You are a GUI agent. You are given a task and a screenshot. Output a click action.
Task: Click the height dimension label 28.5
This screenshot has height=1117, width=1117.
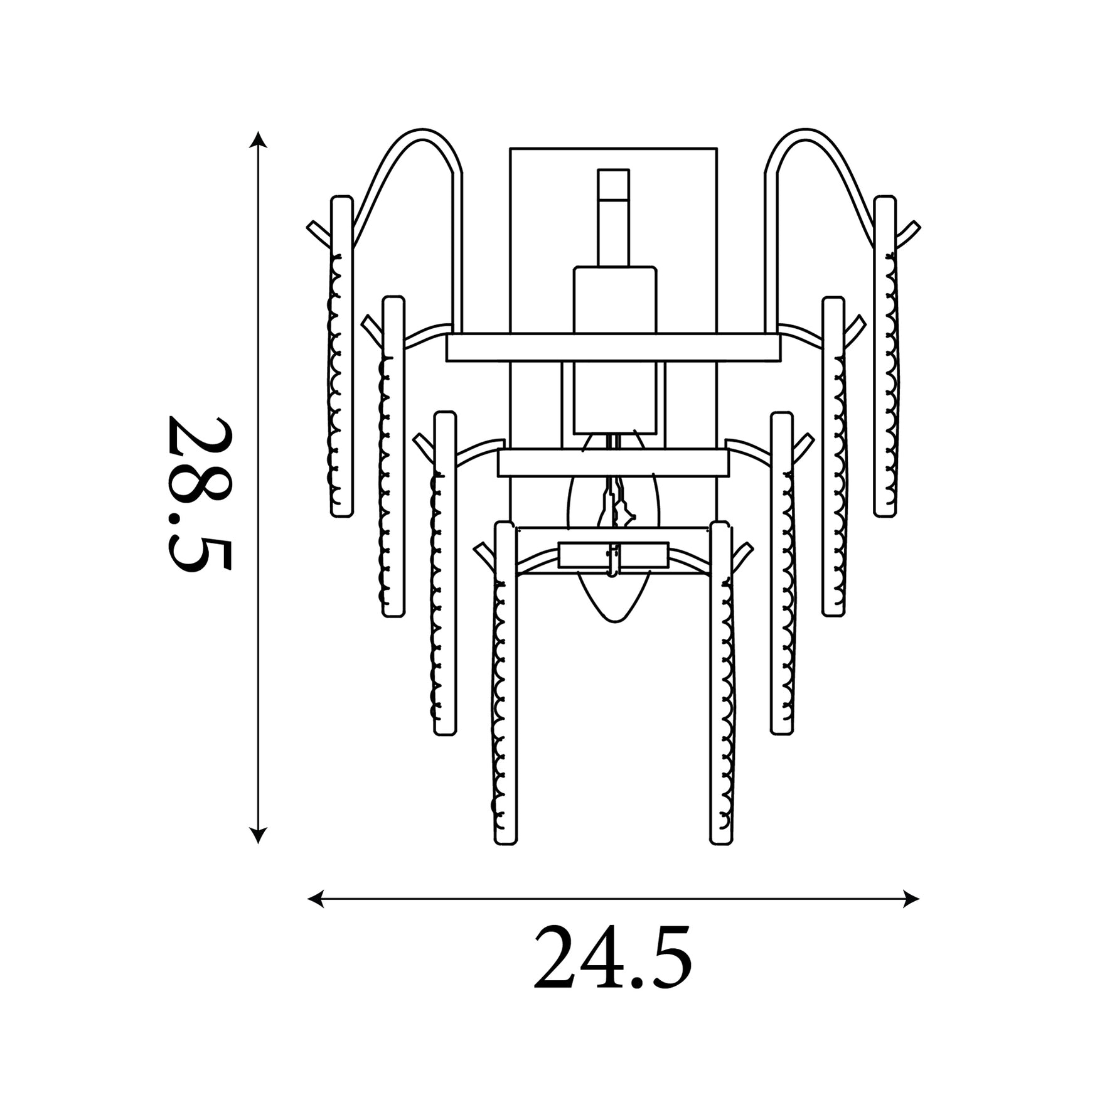tap(200, 494)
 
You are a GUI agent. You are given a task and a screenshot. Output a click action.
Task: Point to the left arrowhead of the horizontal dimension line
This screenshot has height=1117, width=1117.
tap(316, 899)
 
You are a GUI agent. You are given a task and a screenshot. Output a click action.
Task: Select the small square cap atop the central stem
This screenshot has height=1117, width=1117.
tap(613, 184)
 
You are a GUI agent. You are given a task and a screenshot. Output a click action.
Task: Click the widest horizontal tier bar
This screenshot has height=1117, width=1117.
tap(613, 348)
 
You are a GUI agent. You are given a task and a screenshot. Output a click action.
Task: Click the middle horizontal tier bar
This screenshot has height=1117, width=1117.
tap(613, 462)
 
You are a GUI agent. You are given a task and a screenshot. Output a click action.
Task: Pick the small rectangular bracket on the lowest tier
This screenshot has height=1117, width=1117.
tap(613, 555)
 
